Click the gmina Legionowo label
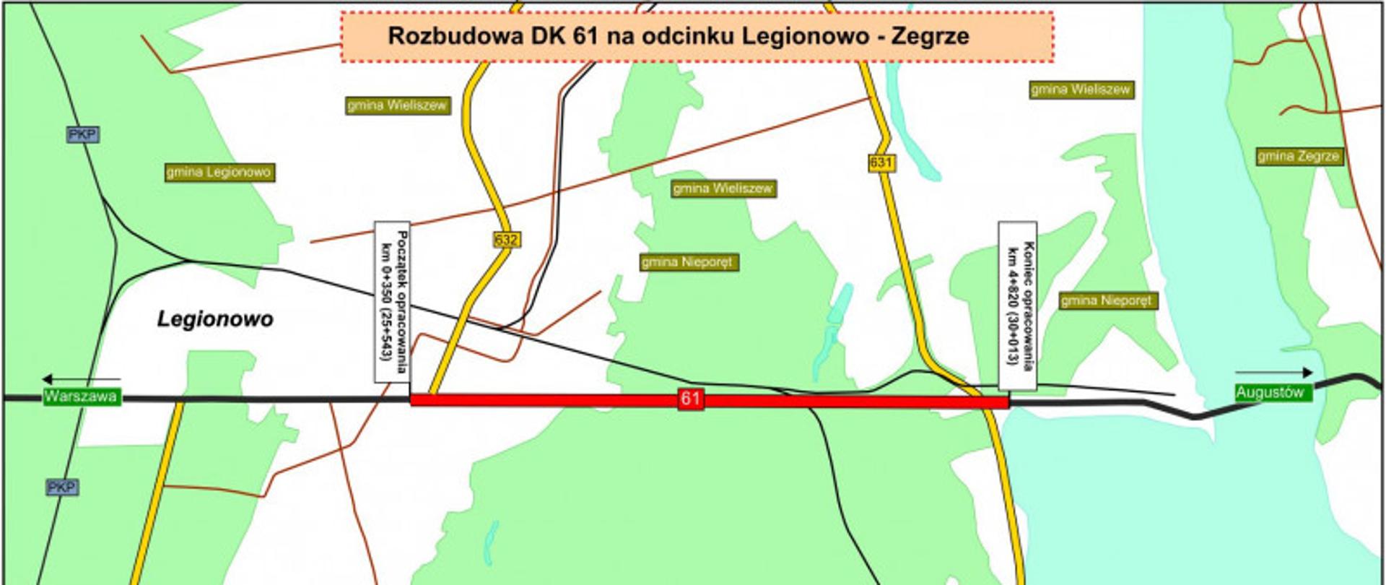tap(219, 172)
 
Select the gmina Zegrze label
tap(1299, 156)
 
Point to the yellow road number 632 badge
tap(507, 240)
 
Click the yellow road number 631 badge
tap(881, 163)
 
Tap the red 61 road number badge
tap(691, 399)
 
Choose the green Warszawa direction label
tap(81, 396)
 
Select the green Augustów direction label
tap(1270, 393)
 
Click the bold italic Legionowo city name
tap(215, 319)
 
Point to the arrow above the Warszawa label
tap(81, 379)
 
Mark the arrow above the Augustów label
tap(1273, 373)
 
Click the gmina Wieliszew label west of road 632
tap(397, 105)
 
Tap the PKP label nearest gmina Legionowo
tap(82, 134)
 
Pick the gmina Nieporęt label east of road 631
tap(1108, 300)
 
